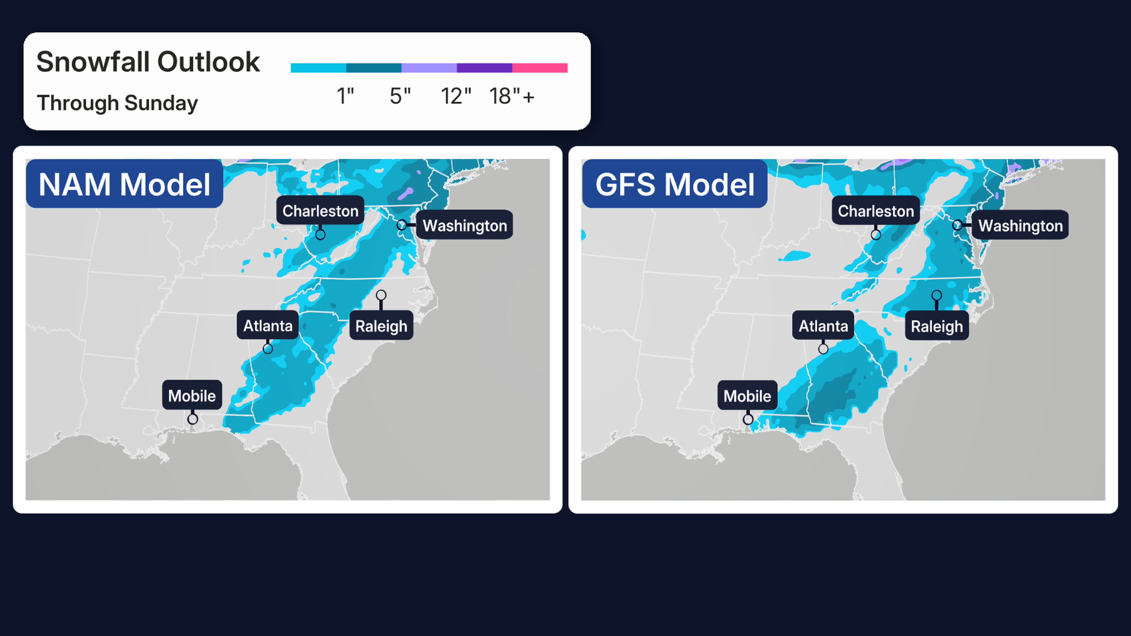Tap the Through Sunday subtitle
point(117,103)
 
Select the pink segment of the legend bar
point(540,68)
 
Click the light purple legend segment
point(429,68)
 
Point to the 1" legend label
point(345,96)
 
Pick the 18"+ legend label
point(512,96)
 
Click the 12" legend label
point(456,96)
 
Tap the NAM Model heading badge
point(125,184)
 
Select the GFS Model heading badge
point(674,184)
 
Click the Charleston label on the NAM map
point(320,211)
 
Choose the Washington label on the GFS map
point(1020,225)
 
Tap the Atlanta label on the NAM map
point(268,326)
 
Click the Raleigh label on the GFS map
point(937,326)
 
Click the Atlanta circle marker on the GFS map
point(823,349)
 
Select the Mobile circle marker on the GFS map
point(748,419)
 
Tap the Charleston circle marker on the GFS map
point(875,235)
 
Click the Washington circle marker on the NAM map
point(401,225)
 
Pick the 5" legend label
point(400,96)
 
